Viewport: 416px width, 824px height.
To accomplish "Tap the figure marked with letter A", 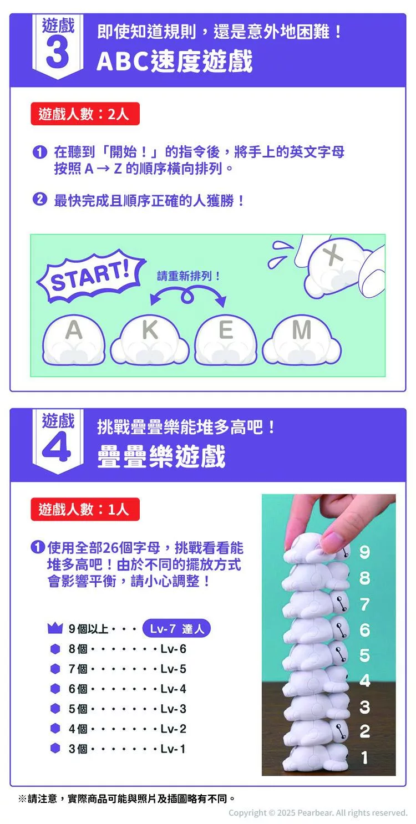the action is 74,340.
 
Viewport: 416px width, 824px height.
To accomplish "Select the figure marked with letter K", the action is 150,340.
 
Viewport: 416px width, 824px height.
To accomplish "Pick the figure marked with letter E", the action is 225,340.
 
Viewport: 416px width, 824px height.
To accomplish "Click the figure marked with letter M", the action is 302,340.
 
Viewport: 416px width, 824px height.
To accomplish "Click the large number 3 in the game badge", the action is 58,53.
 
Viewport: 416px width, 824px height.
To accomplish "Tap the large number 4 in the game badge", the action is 57,446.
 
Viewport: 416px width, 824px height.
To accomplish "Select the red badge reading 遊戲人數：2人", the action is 85,114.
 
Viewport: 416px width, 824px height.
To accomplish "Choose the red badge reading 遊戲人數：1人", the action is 85,509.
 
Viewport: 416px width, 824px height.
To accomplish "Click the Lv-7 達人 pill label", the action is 176,628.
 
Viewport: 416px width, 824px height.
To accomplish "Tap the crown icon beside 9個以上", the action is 55,628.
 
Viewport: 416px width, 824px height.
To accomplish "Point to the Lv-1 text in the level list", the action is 173,749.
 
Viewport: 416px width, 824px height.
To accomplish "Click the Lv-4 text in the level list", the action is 173,689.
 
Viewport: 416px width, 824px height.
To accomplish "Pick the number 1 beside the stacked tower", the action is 364,757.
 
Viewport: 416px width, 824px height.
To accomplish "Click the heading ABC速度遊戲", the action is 175,61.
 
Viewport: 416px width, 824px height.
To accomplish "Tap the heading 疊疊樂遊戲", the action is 161,456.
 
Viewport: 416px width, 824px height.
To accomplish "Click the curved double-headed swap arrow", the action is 188,292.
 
